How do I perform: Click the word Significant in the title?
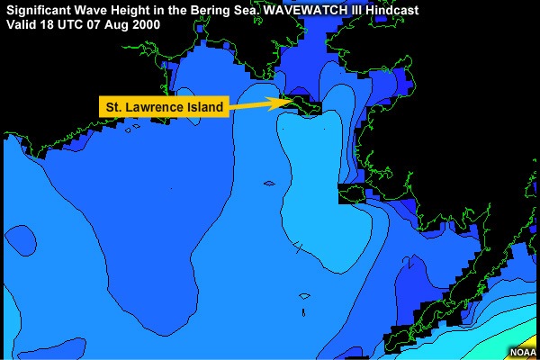click(38, 10)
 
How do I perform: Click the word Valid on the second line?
click(21, 24)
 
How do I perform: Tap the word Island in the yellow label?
click(203, 108)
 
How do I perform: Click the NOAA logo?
click(522, 352)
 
